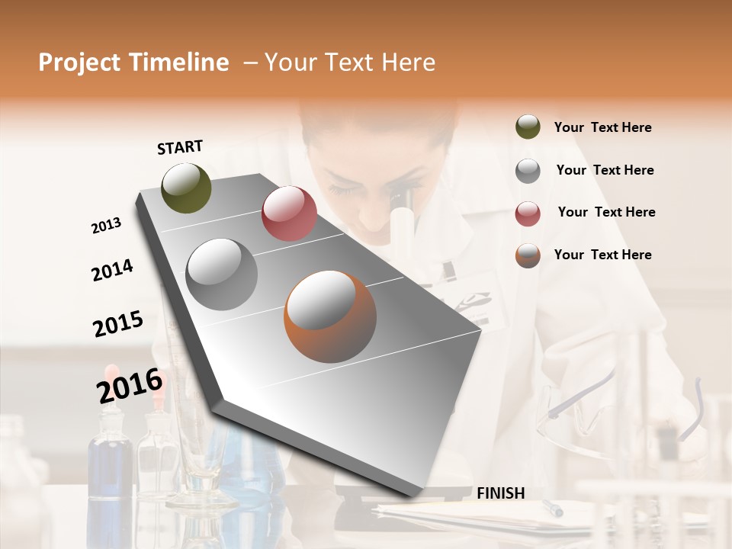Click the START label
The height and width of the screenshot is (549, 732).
(x=180, y=147)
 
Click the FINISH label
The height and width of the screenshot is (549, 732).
(x=501, y=493)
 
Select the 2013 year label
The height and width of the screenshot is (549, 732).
(x=107, y=226)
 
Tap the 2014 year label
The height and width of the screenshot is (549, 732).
(x=112, y=270)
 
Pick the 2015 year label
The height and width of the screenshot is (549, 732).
(x=118, y=323)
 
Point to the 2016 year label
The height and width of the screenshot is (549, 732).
(x=130, y=384)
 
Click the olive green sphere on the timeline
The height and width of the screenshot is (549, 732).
(x=186, y=188)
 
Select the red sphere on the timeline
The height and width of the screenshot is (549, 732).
(x=289, y=213)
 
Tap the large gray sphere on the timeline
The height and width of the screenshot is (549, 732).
(x=222, y=274)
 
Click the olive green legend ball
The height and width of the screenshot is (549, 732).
(x=528, y=127)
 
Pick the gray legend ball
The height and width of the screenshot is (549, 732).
(x=528, y=171)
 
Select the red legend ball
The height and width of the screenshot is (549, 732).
(x=528, y=213)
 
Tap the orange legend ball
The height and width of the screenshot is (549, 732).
(x=528, y=255)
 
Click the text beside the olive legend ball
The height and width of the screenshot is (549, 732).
(x=602, y=128)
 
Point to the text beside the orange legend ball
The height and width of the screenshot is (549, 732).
(x=602, y=255)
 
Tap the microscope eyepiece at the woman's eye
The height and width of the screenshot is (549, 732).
(x=401, y=203)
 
